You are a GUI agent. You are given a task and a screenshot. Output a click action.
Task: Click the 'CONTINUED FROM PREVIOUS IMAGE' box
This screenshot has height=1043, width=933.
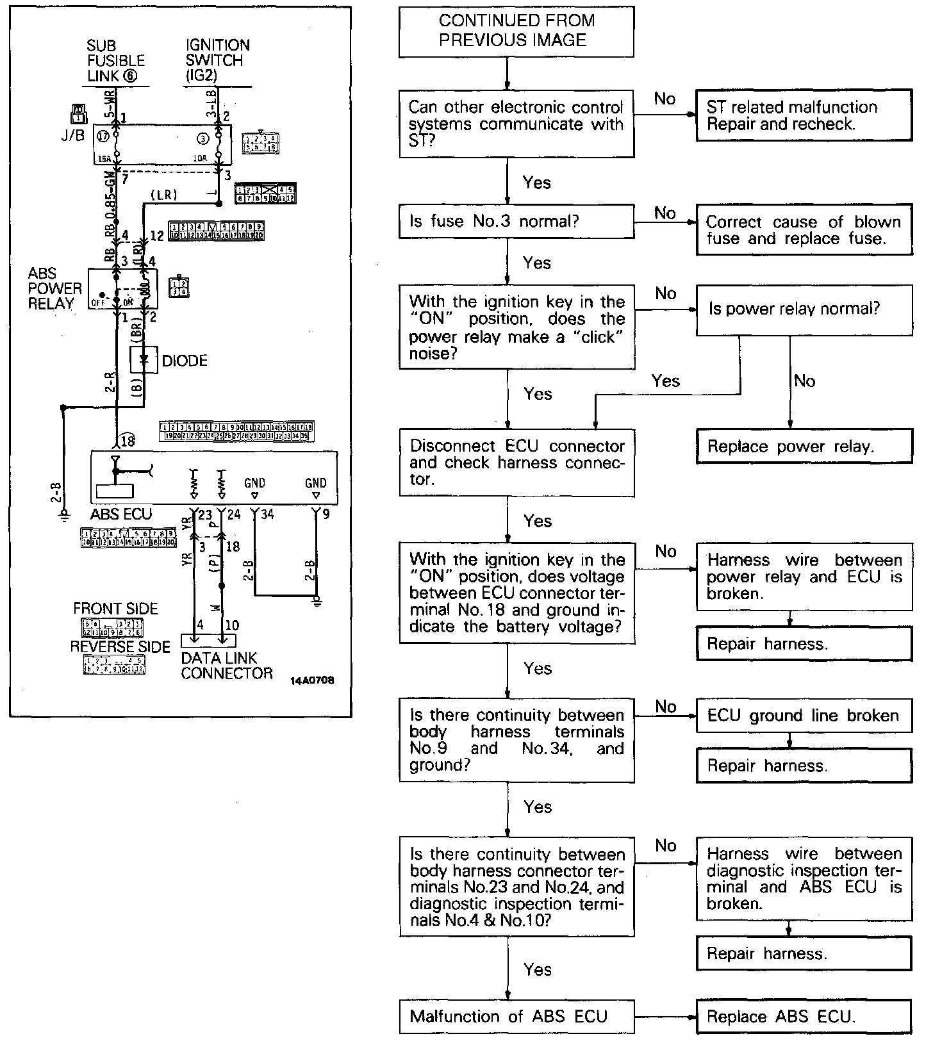516,31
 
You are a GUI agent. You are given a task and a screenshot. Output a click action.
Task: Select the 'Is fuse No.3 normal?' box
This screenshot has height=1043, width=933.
516,222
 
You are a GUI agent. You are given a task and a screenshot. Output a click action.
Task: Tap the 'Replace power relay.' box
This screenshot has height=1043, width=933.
804,446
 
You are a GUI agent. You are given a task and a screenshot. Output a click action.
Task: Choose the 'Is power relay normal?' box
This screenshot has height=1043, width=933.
804,309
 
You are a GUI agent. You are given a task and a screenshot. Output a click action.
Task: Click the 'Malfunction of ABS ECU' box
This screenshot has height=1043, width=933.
516,1016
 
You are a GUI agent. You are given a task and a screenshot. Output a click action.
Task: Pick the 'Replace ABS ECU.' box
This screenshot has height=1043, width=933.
804,1016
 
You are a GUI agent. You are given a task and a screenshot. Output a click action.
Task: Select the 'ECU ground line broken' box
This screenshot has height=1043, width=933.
804,715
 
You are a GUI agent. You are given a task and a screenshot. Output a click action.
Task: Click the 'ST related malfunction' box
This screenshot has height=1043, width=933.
804,115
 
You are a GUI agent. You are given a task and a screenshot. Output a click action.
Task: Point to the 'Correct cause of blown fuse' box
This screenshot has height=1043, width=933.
804,230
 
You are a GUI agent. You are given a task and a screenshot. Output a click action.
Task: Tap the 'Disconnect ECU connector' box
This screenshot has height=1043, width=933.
516,463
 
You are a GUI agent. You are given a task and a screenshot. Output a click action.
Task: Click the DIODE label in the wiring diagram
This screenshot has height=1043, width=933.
185,361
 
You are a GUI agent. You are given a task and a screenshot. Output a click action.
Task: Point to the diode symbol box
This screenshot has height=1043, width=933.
144,361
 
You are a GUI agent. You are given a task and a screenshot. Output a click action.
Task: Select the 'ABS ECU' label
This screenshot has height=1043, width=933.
121,514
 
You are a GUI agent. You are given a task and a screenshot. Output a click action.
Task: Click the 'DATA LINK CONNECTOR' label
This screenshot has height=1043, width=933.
226,666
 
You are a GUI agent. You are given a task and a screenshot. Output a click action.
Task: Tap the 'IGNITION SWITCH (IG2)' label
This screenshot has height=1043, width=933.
218,61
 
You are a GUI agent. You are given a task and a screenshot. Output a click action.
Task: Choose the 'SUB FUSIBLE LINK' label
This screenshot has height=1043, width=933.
116,61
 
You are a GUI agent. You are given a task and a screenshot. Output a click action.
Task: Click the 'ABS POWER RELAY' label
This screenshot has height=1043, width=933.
55,288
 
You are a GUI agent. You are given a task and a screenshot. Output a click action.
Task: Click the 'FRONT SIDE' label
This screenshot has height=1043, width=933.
115,609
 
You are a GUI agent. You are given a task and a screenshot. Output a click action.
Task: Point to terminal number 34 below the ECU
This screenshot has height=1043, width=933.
267,514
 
